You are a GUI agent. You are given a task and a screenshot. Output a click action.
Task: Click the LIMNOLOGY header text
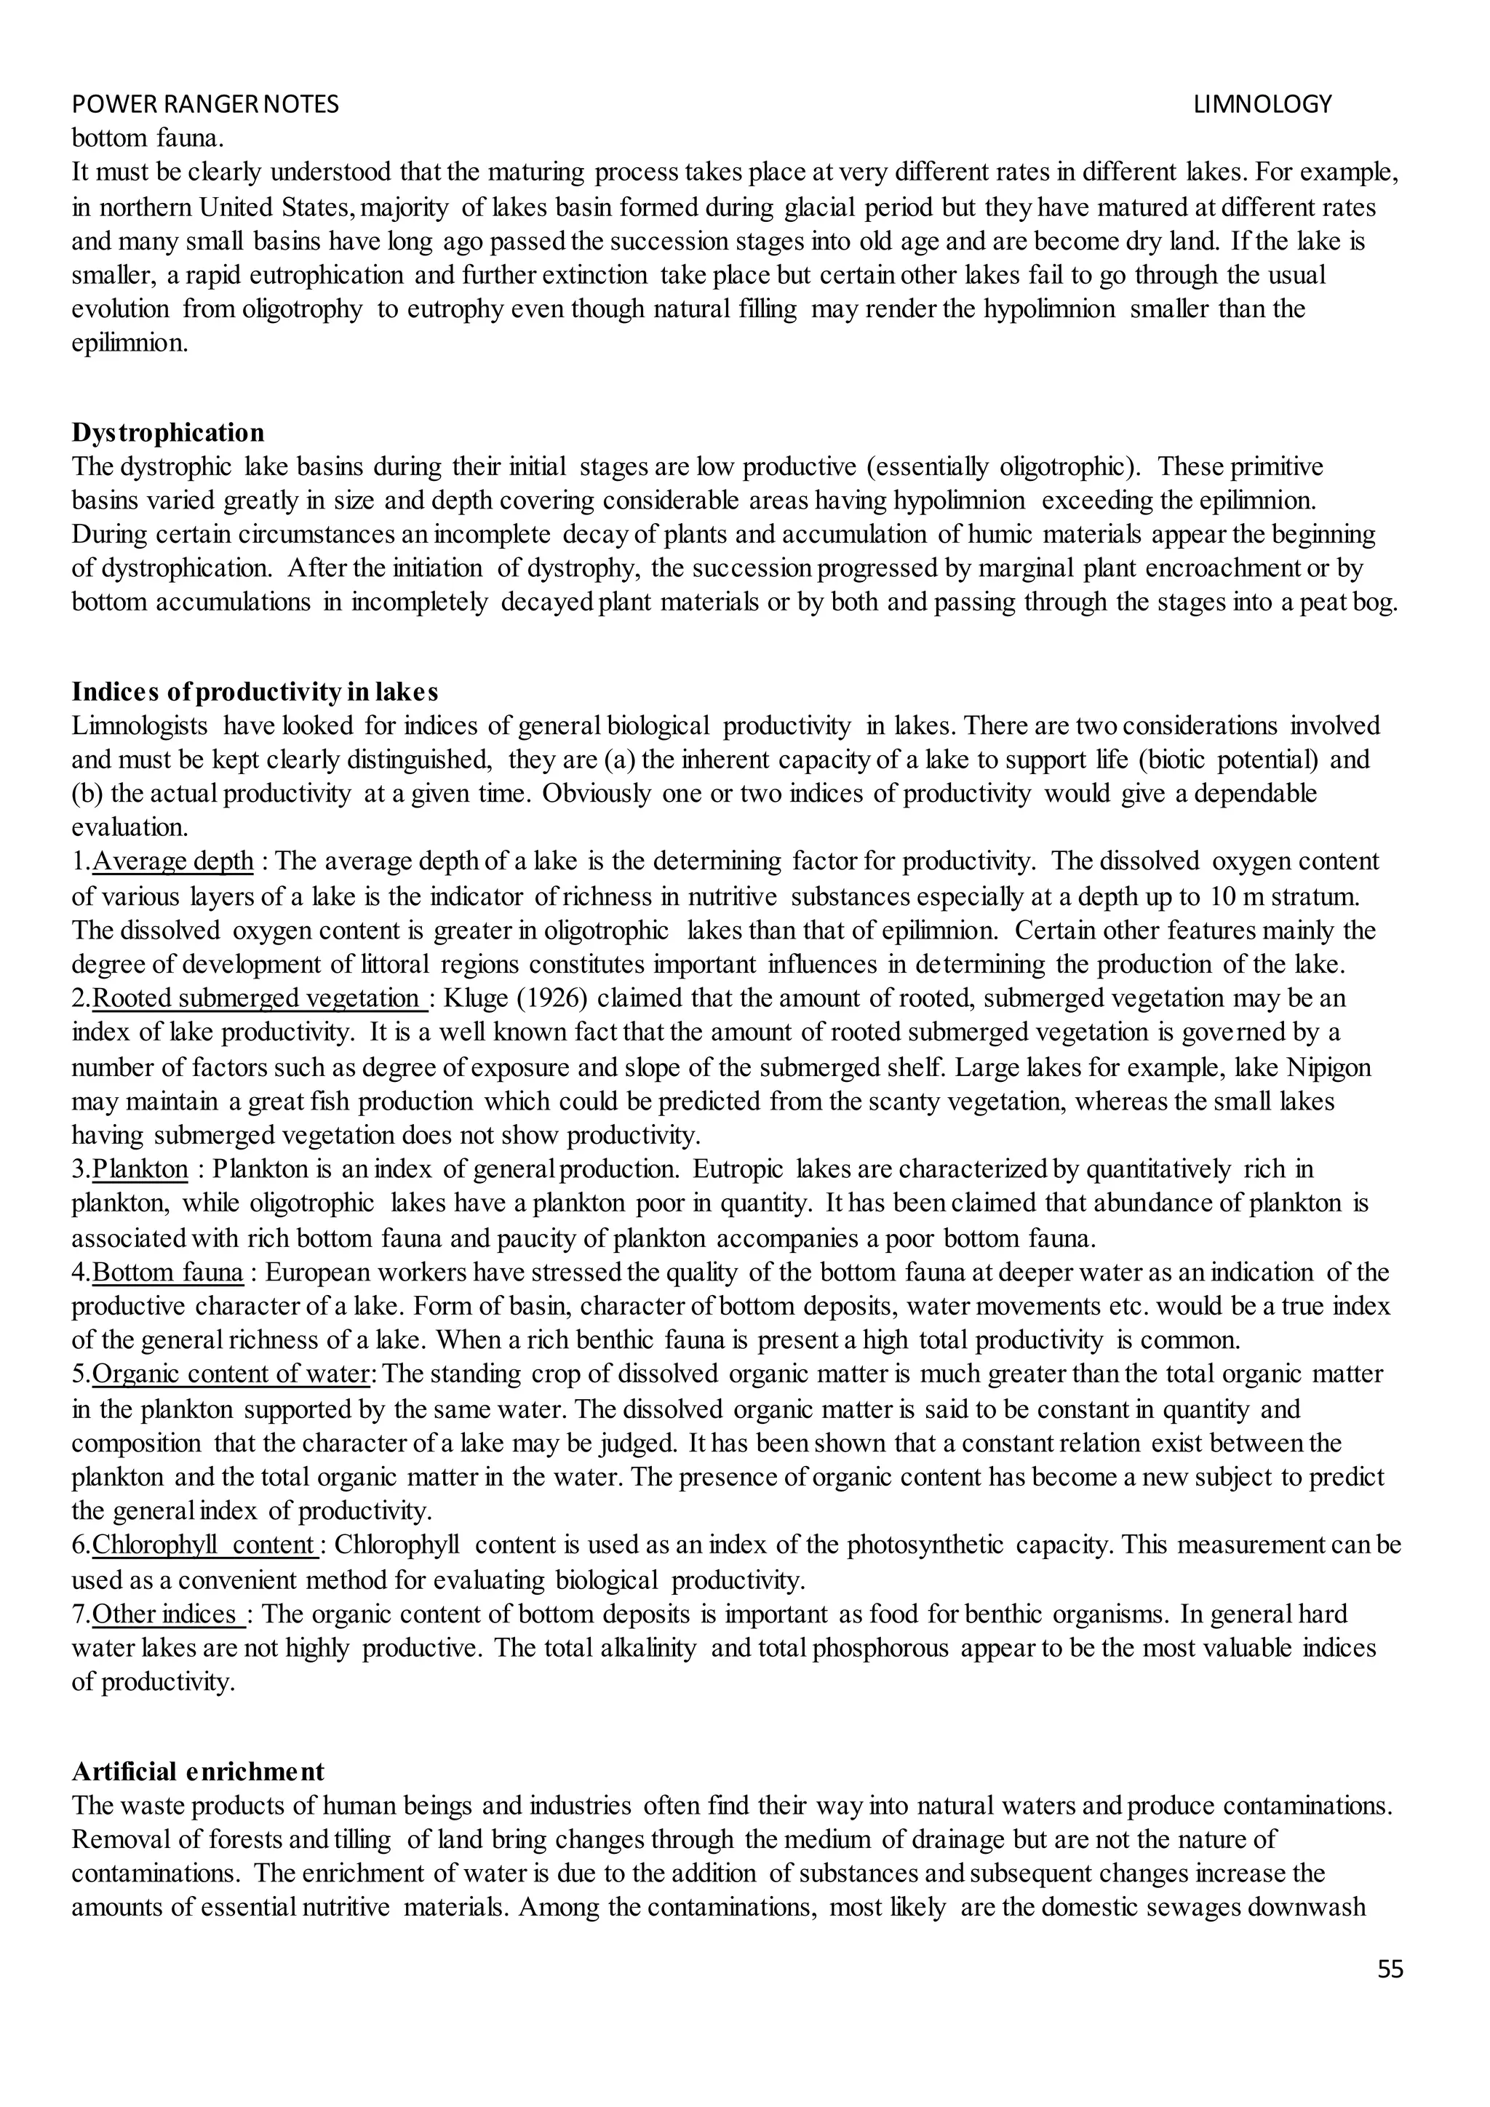click(1262, 105)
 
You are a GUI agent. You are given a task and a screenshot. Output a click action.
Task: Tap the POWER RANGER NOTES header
click(204, 105)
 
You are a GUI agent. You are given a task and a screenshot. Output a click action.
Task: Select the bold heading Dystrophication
click(168, 432)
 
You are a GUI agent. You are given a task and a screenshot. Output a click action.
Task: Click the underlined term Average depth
click(172, 861)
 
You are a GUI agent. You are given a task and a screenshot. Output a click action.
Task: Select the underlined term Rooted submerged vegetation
click(260, 998)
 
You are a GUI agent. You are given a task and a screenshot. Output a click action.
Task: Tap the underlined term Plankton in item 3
click(140, 1169)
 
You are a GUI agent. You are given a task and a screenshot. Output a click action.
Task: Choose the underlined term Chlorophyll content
click(204, 1545)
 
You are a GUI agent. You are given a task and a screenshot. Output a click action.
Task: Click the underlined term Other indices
click(168, 1614)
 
